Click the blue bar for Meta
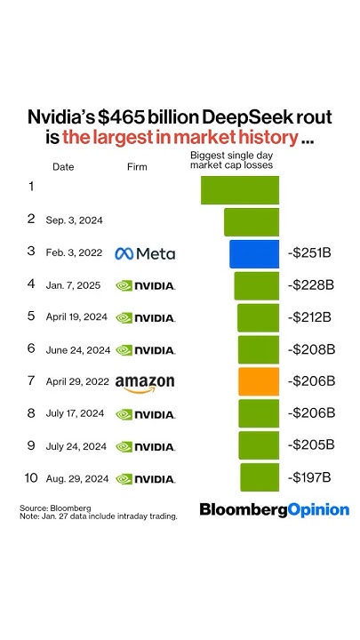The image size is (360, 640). point(254,253)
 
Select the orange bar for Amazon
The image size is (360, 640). point(259,381)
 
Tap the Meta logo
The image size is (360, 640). point(145,253)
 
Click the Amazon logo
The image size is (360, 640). point(145,382)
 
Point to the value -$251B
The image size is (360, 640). point(310,253)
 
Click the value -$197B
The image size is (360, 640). point(310,478)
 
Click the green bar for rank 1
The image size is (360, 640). point(240,190)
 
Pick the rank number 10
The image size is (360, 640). point(31,478)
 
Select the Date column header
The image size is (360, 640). point(63,166)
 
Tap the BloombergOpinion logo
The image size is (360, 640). point(274,509)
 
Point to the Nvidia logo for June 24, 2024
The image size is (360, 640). point(145,350)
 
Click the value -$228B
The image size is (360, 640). point(310,285)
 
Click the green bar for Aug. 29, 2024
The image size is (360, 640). point(260,478)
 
